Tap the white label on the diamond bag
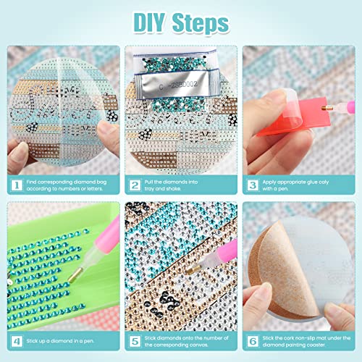pyautogui.click(x=174, y=84)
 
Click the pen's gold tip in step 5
pyautogui.click(x=190, y=268)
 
